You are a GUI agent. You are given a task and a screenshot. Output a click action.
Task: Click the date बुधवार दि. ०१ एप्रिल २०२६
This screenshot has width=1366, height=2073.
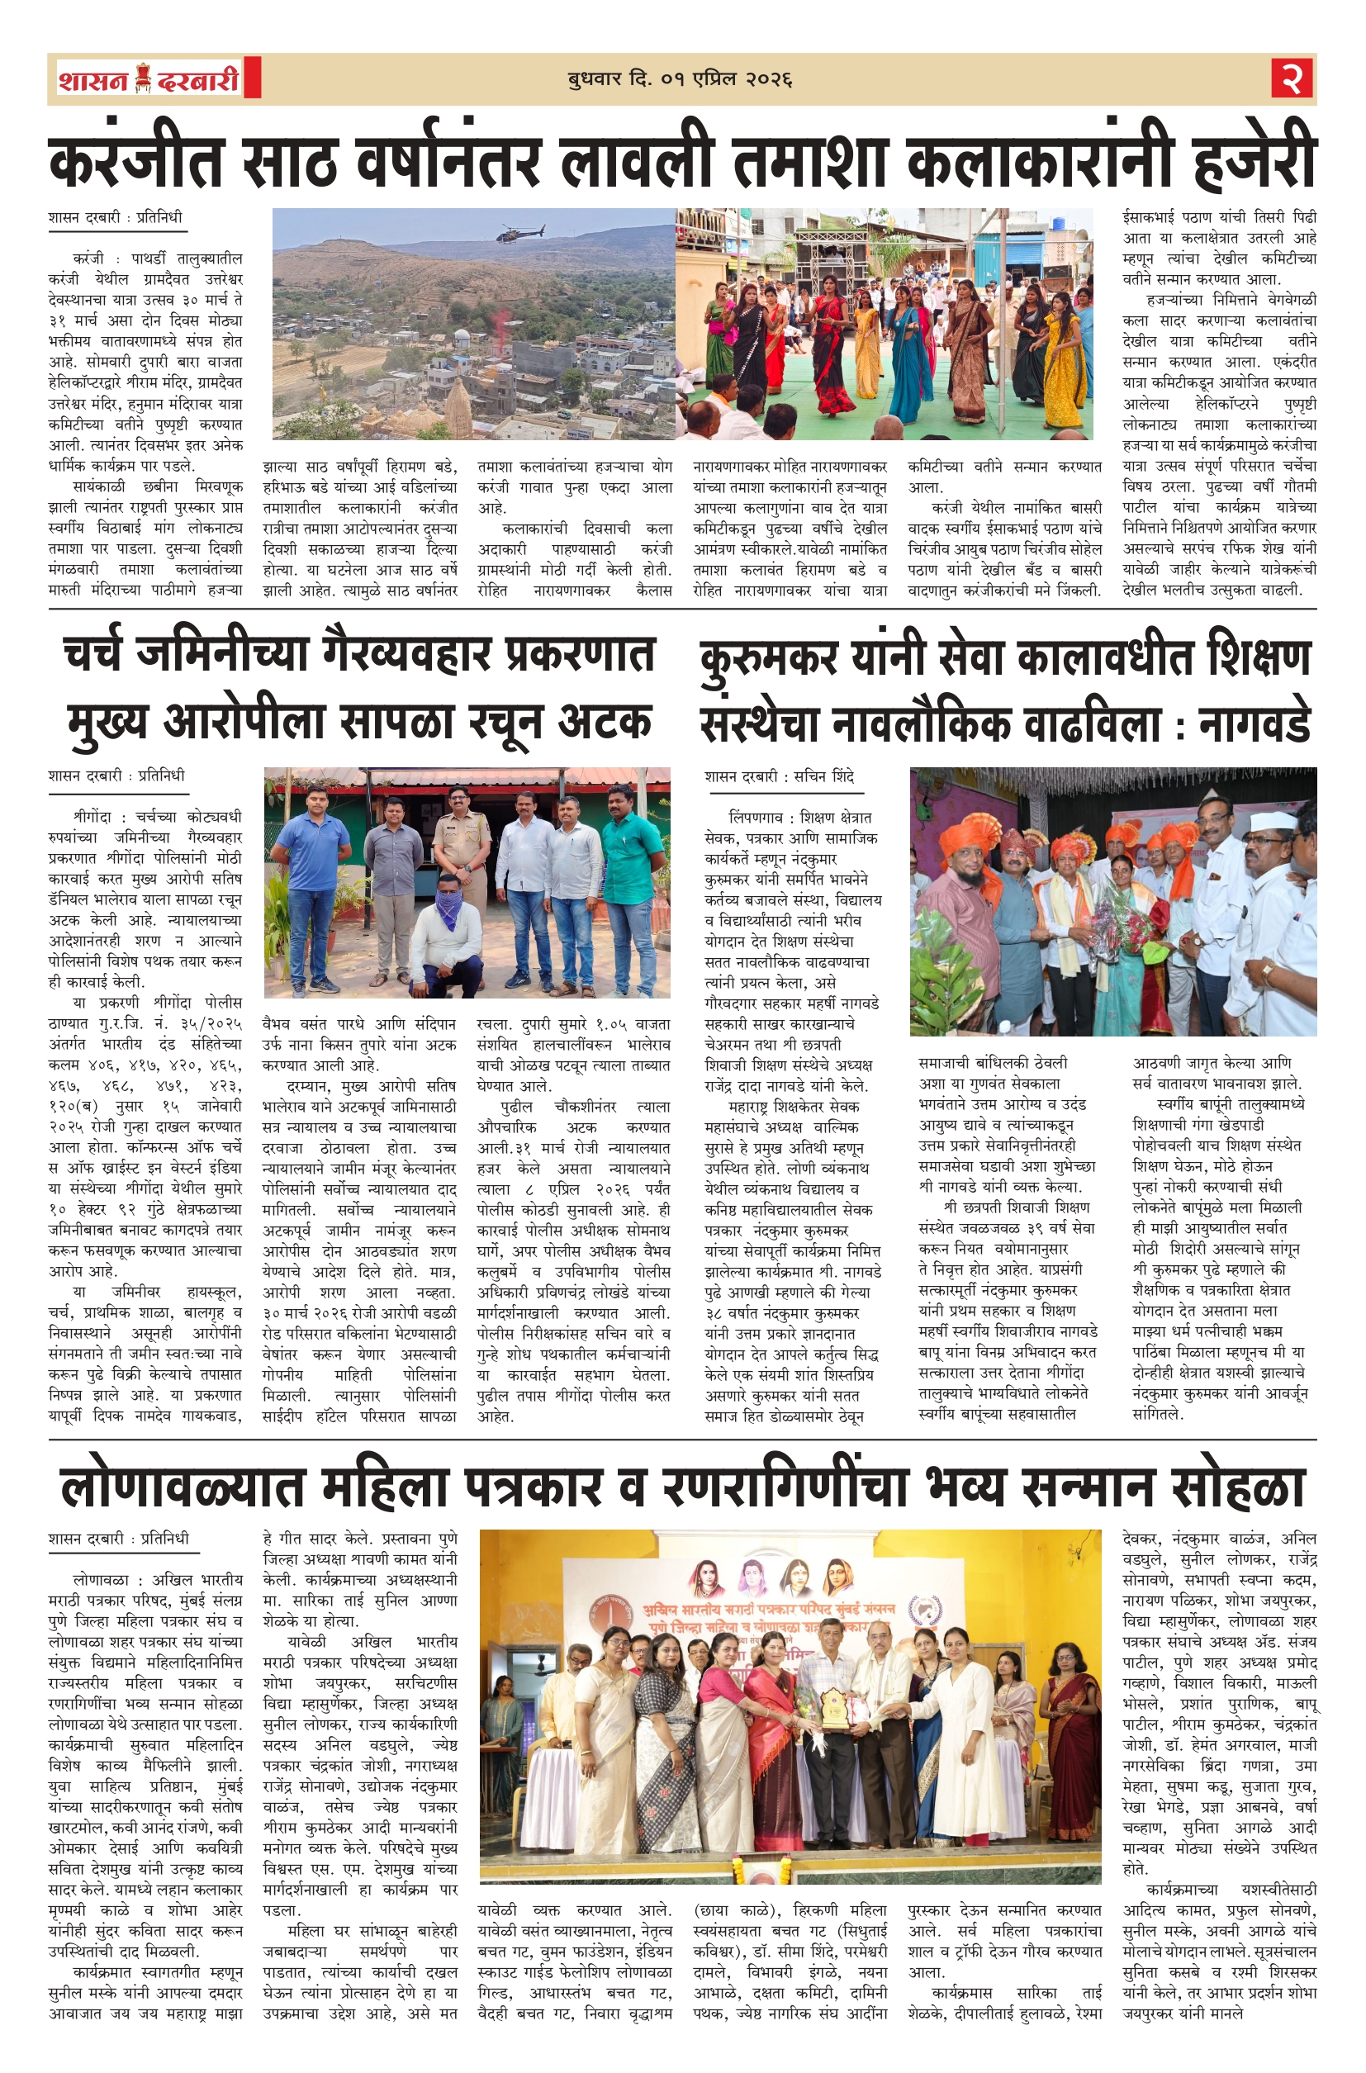pos(680,79)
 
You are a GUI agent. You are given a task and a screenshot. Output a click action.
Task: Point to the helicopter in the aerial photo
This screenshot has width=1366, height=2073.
pos(520,233)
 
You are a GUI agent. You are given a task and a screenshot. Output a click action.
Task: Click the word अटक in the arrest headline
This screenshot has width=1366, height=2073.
pos(605,722)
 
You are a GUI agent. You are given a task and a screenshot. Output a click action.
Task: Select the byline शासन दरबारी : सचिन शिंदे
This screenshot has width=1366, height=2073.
pos(780,776)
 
